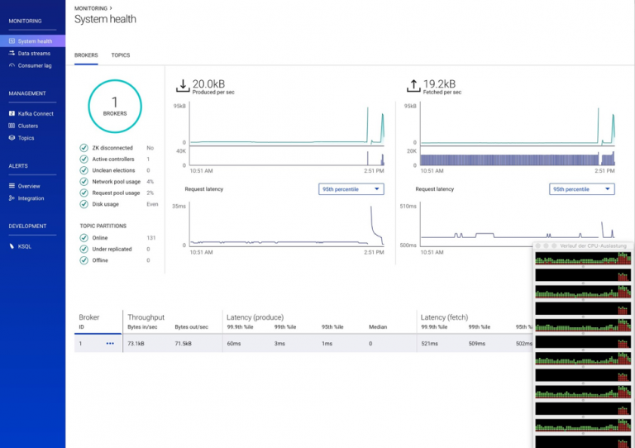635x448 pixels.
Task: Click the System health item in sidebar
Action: pos(34,41)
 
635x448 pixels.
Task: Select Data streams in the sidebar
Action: pos(34,53)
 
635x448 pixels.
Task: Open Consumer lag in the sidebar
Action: pos(35,65)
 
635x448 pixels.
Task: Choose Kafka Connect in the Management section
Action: pos(36,113)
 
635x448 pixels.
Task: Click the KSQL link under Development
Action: pos(25,245)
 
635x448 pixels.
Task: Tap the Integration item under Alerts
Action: pos(31,198)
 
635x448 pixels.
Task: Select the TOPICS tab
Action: pos(121,55)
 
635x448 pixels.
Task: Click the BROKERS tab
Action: pos(86,55)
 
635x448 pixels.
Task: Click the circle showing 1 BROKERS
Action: pos(115,107)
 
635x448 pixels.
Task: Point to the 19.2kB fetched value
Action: pos(440,83)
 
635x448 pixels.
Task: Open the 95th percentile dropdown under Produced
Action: pos(351,189)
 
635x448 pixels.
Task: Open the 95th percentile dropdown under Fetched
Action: pos(582,189)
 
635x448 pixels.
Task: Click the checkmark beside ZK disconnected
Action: pos(84,148)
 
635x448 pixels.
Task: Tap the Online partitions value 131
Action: pos(150,238)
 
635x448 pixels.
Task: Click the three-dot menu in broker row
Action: pos(110,343)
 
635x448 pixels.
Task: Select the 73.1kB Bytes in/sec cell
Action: pos(136,343)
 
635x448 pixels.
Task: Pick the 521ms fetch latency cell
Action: pos(429,343)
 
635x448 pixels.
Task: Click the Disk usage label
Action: pos(106,204)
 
